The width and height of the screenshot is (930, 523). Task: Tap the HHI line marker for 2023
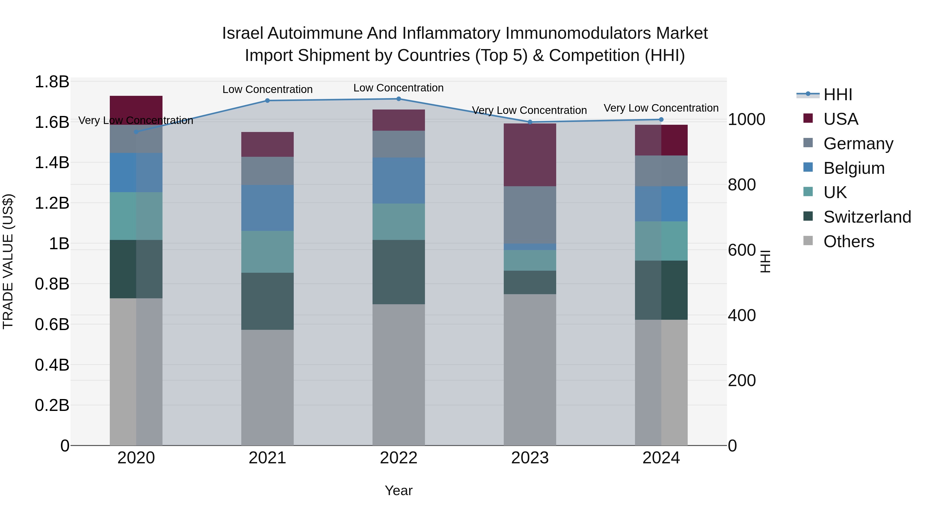[x=530, y=122]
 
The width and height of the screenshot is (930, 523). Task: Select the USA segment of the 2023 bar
[x=530, y=155]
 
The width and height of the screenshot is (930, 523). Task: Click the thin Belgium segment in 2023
[x=530, y=247]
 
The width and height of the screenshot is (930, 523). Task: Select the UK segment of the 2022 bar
[x=399, y=222]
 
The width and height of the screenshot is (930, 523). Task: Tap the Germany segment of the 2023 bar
[x=530, y=215]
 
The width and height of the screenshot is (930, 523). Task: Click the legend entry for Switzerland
[x=867, y=217]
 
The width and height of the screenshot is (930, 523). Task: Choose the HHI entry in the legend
[x=838, y=95]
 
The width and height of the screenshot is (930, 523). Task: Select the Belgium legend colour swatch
[x=808, y=167]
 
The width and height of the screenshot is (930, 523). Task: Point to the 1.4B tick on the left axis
[x=52, y=162]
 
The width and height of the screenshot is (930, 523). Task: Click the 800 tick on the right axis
[x=741, y=185]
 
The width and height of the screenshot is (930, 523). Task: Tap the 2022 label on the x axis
[x=399, y=458]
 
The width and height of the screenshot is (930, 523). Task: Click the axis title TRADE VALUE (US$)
[x=8, y=261]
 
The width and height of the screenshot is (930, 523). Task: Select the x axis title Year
[x=399, y=490]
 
